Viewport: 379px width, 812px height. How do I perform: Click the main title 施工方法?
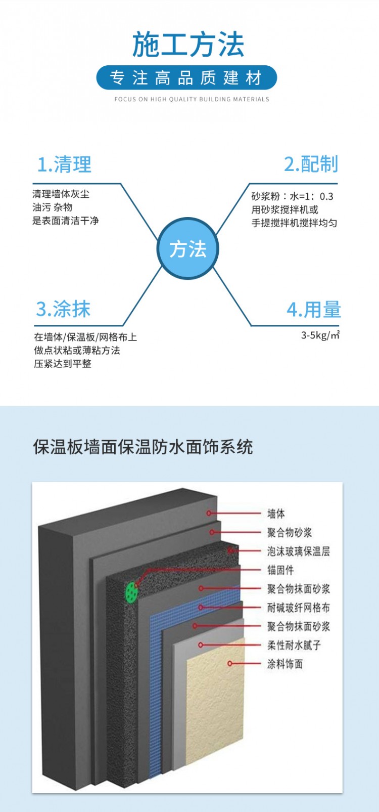[188, 44]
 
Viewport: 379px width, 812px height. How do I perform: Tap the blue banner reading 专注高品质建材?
[186, 77]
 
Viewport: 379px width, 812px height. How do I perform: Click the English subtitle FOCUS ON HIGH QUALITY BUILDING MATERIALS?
[192, 99]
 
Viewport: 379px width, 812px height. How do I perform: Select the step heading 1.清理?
[65, 164]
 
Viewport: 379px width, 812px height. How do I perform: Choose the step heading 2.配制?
[311, 164]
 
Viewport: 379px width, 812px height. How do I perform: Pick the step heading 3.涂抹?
[63, 309]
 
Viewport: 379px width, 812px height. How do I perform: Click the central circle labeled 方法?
[188, 249]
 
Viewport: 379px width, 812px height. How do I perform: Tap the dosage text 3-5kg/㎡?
[320, 335]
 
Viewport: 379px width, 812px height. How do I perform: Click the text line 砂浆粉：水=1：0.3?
[292, 196]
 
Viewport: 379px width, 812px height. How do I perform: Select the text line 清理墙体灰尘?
[61, 194]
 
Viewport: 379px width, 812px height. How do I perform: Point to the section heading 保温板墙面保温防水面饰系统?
[143, 447]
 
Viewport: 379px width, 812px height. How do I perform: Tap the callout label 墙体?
[276, 514]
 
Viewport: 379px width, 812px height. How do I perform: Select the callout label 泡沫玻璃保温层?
[299, 551]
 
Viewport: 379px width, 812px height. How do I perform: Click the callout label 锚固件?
[280, 570]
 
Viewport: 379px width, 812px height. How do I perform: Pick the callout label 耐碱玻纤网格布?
[299, 608]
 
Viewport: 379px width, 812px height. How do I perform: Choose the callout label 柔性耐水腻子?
[294, 645]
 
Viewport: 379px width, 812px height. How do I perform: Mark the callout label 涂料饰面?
[285, 664]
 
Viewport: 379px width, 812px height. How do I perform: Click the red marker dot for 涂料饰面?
[230, 663]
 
